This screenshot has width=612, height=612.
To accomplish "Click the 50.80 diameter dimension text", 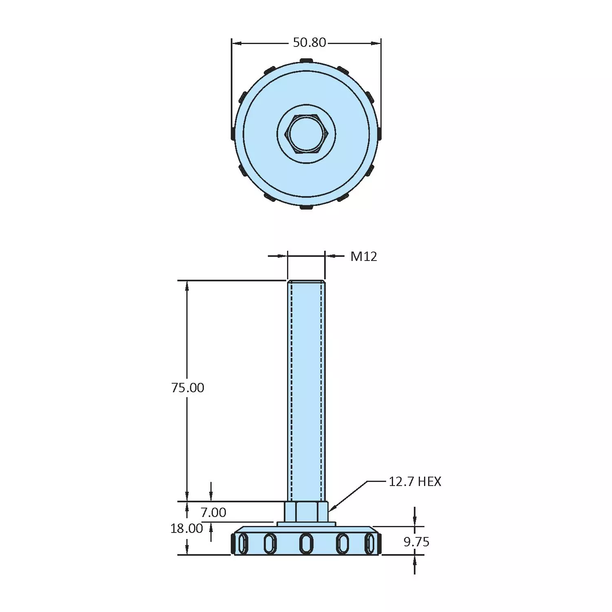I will click(x=309, y=42).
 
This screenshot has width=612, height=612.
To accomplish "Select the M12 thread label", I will click(x=364, y=256).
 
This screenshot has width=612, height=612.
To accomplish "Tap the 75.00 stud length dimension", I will click(x=188, y=387).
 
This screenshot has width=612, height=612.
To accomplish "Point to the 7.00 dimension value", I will click(x=213, y=512).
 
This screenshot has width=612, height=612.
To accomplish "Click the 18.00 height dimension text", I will click(x=186, y=528).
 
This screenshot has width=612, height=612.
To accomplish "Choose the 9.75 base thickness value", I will click(x=416, y=542).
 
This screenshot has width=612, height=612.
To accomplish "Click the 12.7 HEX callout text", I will click(x=415, y=482).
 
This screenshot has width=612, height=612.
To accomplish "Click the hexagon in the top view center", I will click(x=306, y=134).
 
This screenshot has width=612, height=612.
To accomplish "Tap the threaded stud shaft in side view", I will click(x=306, y=387).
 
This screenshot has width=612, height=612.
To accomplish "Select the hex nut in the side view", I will click(x=306, y=512).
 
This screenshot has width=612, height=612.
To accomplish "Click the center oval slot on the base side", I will click(x=306, y=544).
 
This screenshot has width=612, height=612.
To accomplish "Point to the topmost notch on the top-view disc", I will click(x=306, y=61).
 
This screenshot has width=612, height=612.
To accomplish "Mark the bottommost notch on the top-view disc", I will click(x=306, y=208).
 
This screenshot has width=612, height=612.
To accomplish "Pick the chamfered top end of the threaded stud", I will click(x=306, y=282).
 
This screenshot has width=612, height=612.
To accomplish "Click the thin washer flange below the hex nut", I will click(x=306, y=524).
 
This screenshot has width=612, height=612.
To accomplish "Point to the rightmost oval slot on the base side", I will click(x=370, y=544).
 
